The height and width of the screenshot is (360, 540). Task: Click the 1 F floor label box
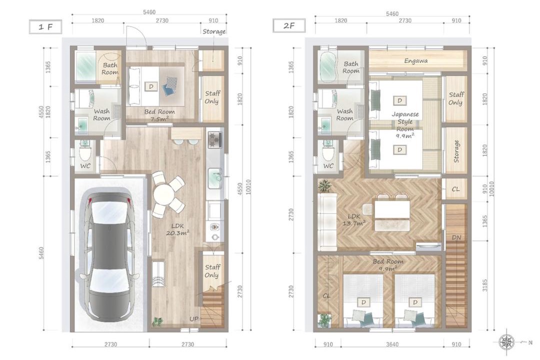[45, 27]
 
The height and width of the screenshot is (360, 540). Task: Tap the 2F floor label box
[289, 25]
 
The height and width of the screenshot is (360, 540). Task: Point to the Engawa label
[416, 61]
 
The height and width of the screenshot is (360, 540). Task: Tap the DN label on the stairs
[456, 237]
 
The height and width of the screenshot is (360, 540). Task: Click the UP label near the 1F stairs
[194, 319]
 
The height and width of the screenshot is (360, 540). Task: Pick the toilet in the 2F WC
[328, 150]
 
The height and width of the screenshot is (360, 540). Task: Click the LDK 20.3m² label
[177, 229]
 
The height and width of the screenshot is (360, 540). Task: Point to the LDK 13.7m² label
[354, 220]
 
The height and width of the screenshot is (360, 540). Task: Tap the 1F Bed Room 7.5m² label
[159, 115]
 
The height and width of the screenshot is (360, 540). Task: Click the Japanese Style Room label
[405, 121]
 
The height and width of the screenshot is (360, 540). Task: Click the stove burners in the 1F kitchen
[215, 139]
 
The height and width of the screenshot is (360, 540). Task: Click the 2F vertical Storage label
[456, 151]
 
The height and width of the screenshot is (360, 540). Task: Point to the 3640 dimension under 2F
[392, 344]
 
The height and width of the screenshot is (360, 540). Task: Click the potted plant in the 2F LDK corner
[324, 185]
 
